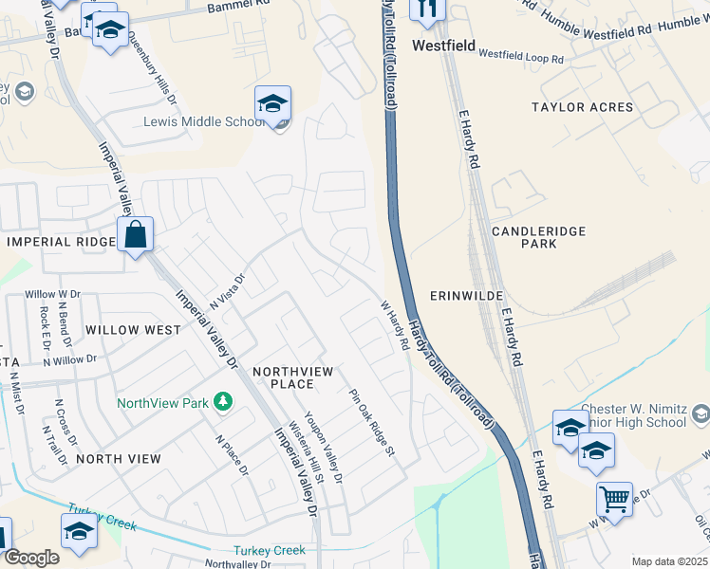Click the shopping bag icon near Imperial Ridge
[x=136, y=233]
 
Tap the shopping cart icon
[x=614, y=498]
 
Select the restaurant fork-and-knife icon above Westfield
[x=427, y=9]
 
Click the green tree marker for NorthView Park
[x=223, y=402]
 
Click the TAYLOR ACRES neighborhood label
[x=582, y=107]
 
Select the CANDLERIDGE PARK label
[x=538, y=237]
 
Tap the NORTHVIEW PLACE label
[x=291, y=377]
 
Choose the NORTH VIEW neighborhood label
[x=119, y=458]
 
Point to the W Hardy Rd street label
[x=395, y=325]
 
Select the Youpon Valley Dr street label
[x=330, y=453]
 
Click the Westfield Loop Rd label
[x=520, y=57]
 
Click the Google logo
[x=31, y=558]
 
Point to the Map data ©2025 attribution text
[x=670, y=561]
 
